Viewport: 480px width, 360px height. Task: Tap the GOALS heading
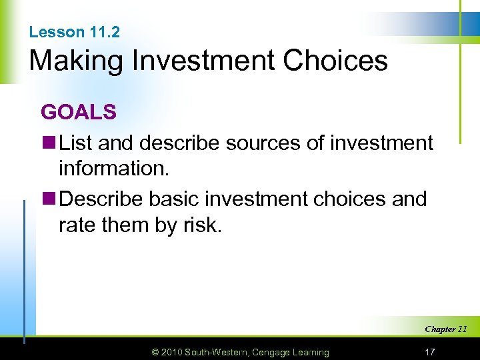pos(79,112)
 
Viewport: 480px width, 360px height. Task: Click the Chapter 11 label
pos(445,329)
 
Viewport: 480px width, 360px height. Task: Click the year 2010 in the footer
pos(171,352)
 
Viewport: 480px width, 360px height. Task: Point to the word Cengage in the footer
pos(270,352)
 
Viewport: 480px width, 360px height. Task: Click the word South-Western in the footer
pos(217,352)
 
